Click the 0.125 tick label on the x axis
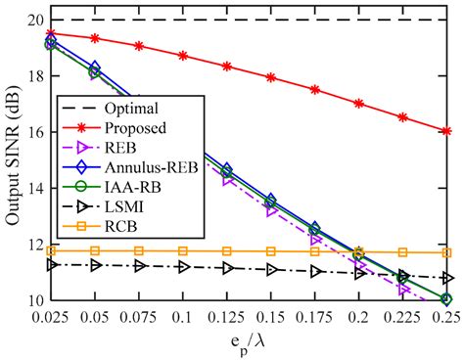(x=227, y=318)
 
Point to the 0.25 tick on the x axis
(x=446, y=318)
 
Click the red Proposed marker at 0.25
(x=446, y=130)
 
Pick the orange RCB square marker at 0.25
(x=446, y=252)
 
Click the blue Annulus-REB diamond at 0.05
(x=95, y=67)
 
